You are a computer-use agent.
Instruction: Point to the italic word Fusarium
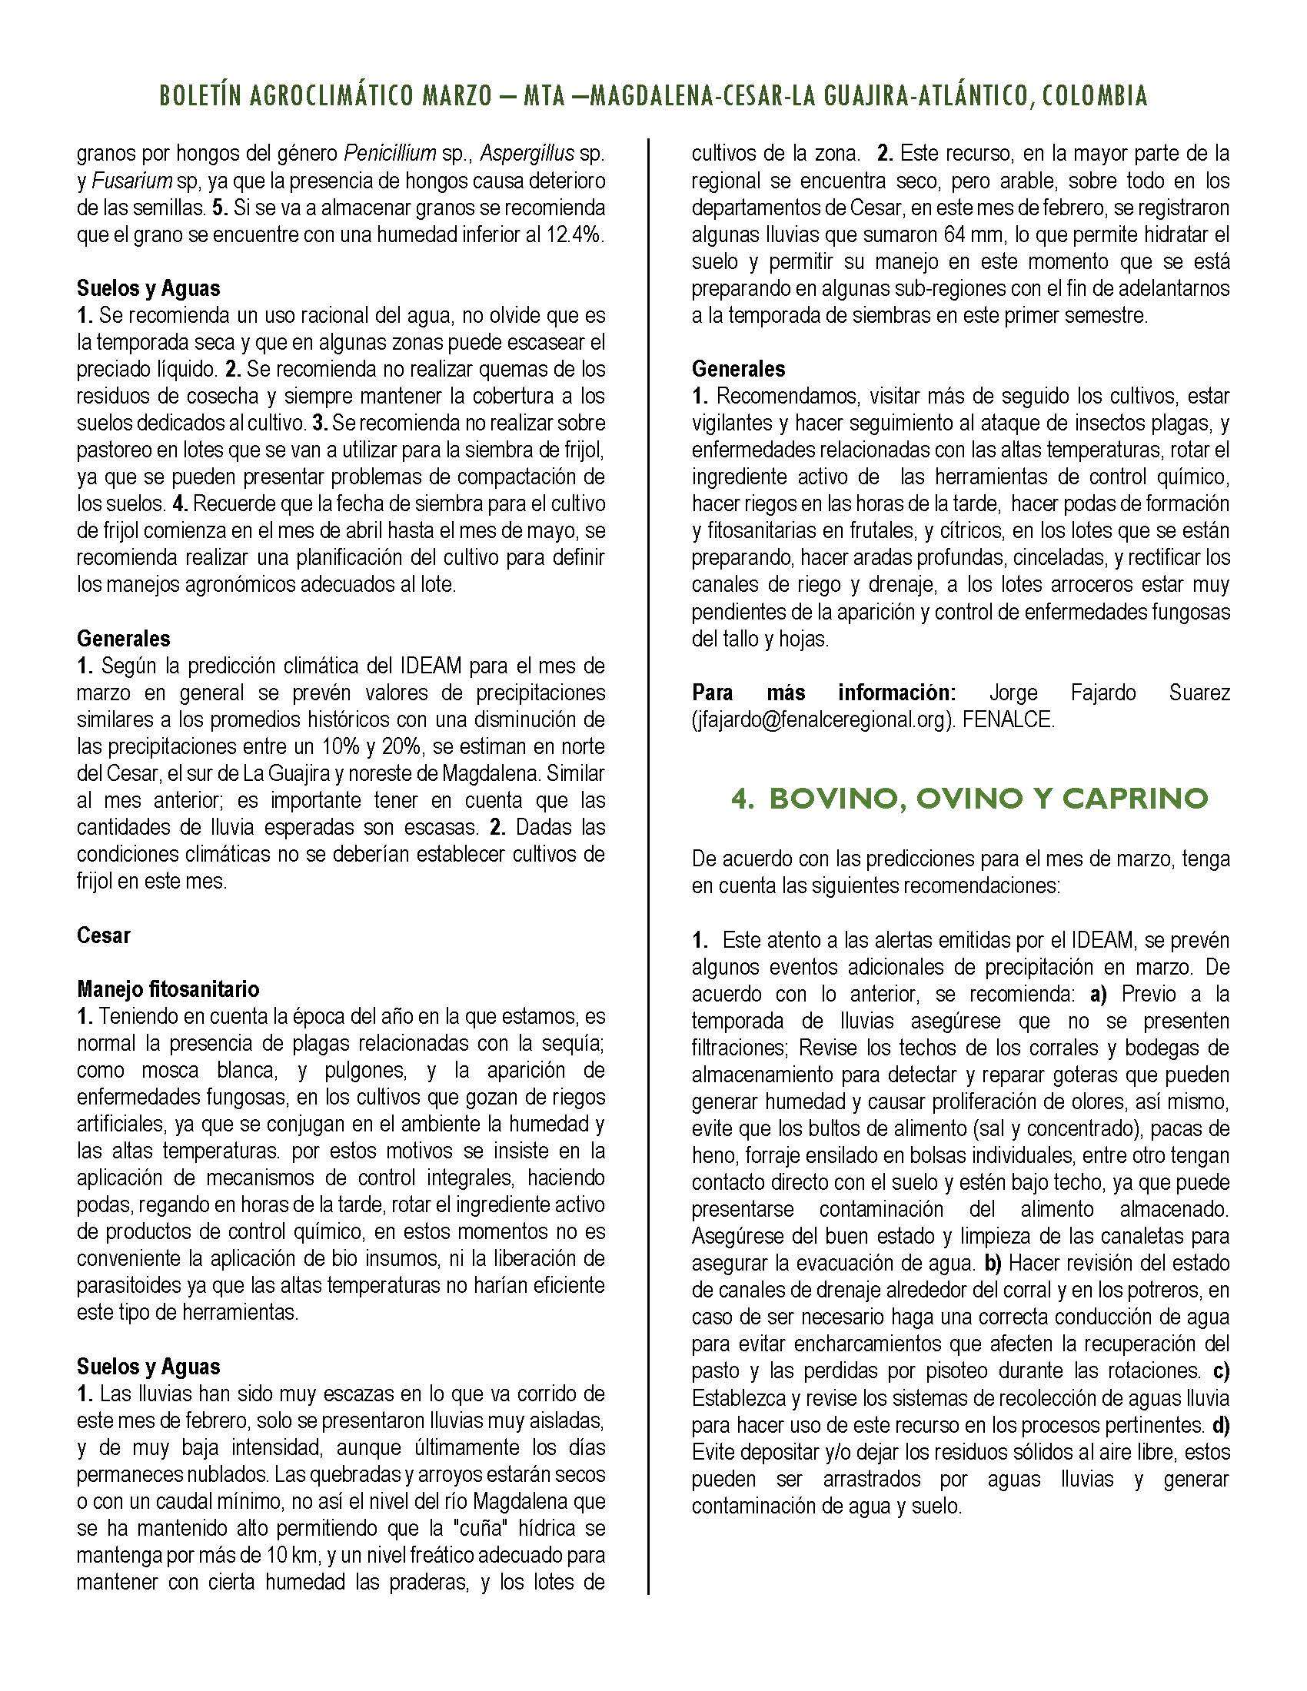122,181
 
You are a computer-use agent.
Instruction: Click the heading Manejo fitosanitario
168,988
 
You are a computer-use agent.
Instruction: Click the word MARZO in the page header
457,96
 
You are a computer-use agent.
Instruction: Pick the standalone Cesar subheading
104,935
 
